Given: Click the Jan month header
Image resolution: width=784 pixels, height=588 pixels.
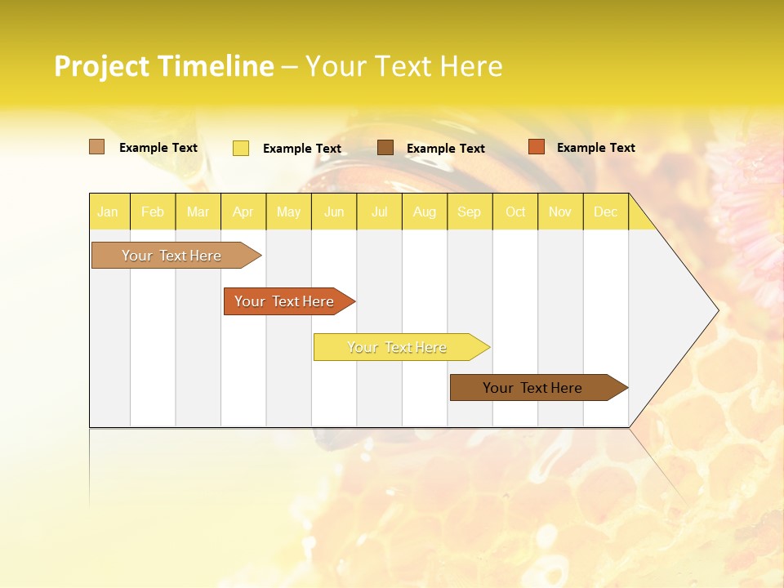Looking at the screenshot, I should pos(108,212).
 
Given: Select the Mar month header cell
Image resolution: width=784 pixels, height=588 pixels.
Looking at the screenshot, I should pos(198,212).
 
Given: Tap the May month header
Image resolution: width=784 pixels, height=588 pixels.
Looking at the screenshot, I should pos(288,212).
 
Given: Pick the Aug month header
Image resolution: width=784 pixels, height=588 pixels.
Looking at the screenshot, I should pos(424,212).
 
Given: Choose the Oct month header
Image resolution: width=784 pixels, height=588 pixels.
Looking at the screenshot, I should pos(515,212).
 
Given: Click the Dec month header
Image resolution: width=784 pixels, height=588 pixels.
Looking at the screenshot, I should pos(605,212).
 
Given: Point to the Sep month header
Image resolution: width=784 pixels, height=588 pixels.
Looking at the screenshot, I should pos(469,212).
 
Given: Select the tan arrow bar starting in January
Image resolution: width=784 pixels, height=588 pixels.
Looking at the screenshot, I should pos(171,256).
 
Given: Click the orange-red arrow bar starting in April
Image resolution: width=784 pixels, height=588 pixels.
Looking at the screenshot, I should pos(284,301).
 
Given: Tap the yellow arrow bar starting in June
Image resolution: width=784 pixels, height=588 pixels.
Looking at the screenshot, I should pos(397,347).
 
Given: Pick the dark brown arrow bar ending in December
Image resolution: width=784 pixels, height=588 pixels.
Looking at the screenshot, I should pos(532,388).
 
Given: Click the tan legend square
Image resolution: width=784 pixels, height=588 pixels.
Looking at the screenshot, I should pos(96,147).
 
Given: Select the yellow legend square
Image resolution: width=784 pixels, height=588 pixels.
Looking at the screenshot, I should pos(241,148).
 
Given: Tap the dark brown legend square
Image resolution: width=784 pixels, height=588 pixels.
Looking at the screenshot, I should pos(385,148).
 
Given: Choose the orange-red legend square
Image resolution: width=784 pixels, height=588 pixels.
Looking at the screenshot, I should pos(536,147).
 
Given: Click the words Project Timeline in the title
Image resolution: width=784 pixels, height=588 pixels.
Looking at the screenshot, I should pos(163,66).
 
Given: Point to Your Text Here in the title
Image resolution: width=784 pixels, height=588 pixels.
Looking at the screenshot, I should pos(403,66).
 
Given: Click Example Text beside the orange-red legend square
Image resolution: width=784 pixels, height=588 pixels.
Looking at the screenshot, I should pos(595,148).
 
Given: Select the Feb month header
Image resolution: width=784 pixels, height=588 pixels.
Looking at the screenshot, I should pos(153,212).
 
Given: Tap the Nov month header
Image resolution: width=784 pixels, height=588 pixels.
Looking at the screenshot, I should pos(560,212).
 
